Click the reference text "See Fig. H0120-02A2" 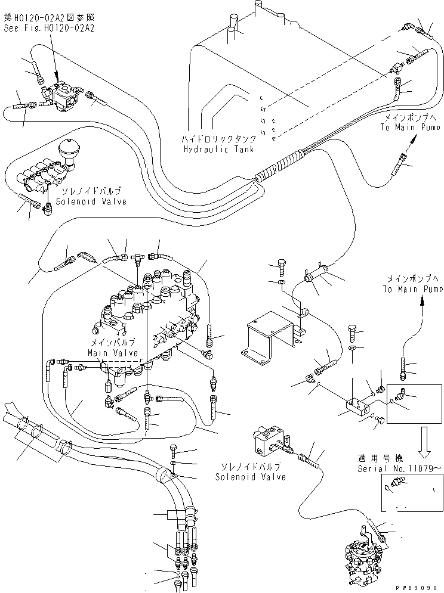point(48,27)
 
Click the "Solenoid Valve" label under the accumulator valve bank point(91,202)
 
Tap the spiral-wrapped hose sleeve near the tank point(280,166)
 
